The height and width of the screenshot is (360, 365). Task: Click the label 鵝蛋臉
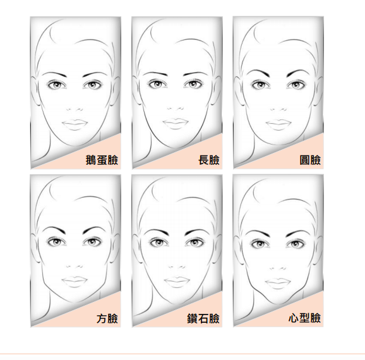(x=102, y=160)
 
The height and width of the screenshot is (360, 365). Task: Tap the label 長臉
(x=209, y=160)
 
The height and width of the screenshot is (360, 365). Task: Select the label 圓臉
(x=310, y=160)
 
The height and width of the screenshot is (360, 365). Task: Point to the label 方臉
(x=107, y=318)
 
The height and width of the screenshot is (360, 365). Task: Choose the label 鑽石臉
(x=203, y=318)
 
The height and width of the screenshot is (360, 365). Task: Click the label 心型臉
(x=304, y=318)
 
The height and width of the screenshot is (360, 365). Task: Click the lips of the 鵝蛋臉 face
(x=75, y=124)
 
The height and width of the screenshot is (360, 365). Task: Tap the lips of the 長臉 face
(x=176, y=124)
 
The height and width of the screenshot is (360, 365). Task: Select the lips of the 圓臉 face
(x=278, y=124)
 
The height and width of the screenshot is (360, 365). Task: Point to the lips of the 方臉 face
(x=75, y=282)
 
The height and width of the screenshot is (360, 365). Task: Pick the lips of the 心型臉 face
(x=278, y=283)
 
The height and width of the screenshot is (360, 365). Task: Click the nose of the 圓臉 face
(x=278, y=109)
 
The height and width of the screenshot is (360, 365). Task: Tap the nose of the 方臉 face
(x=75, y=267)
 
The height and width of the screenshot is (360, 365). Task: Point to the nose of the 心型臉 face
(x=278, y=268)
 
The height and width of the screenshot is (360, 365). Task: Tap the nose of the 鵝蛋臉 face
(x=75, y=109)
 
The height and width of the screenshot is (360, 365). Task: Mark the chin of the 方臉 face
(x=74, y=301)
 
